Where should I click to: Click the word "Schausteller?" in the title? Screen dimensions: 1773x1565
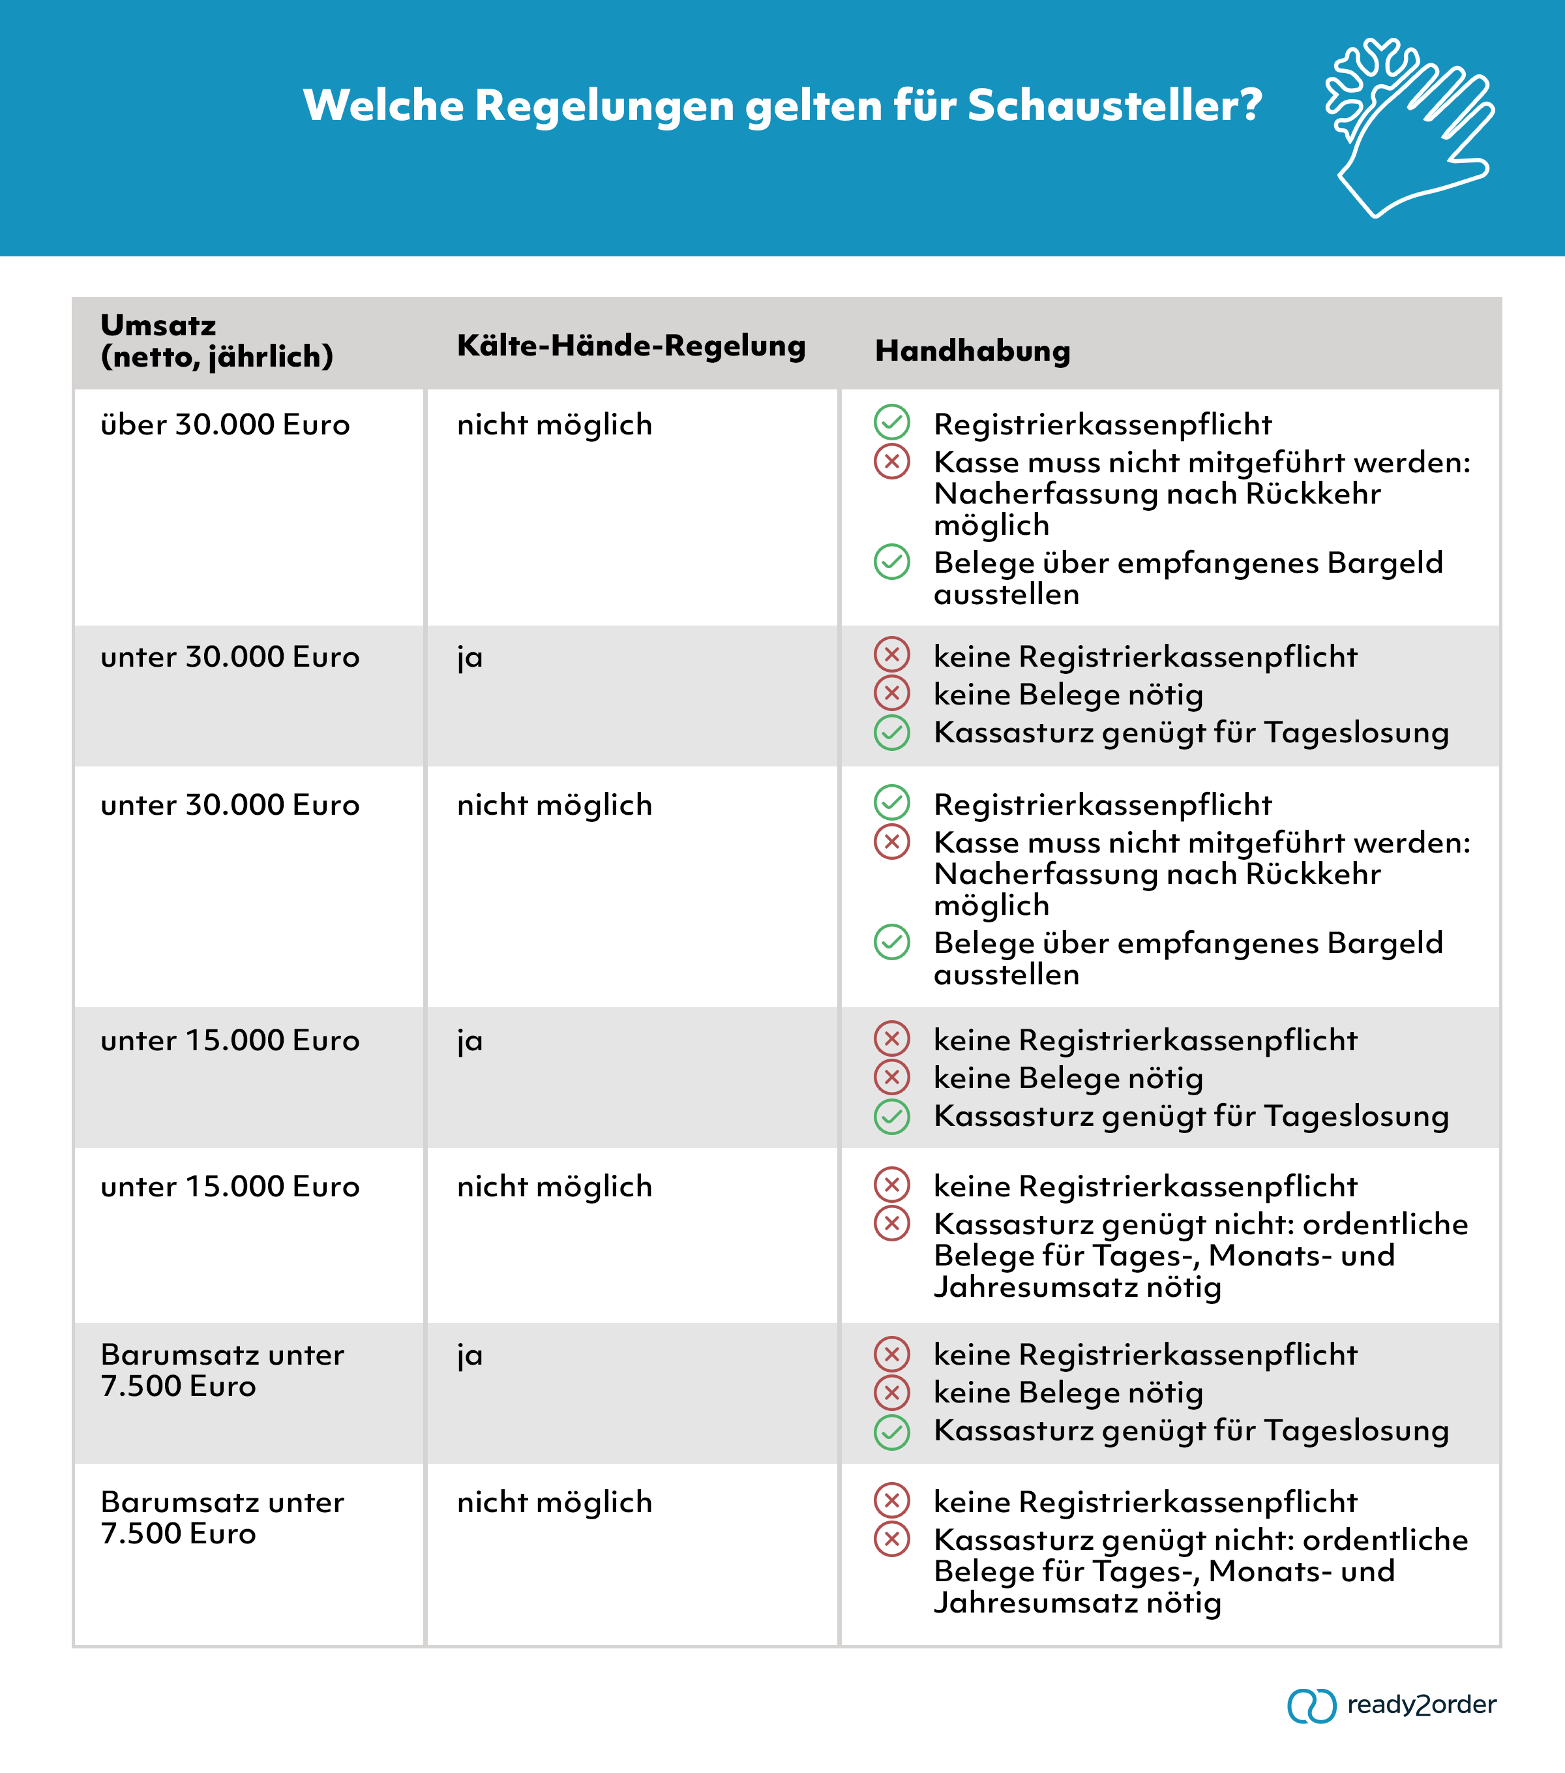point(1114,106)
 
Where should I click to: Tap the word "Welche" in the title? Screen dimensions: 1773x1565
point(383,106)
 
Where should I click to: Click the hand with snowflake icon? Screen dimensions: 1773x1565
point(1409,126)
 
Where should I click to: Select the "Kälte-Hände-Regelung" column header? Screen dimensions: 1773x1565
point(631,345)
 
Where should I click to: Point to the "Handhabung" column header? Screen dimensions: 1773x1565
point(972,350)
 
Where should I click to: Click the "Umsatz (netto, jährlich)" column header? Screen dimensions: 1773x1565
point(216,341)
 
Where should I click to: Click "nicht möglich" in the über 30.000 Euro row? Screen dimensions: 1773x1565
point(554,425)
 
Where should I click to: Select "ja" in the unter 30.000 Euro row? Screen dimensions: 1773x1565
point(469,658)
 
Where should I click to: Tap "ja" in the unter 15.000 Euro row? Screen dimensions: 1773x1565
point(469,1041)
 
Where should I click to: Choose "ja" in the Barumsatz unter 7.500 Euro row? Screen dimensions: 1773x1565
point(469,1355)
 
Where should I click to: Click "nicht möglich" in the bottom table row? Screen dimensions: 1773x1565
point(554,1502)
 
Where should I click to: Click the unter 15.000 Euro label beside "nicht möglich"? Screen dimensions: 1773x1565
point(230,1187)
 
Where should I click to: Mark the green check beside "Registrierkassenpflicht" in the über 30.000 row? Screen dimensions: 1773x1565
point(891,423)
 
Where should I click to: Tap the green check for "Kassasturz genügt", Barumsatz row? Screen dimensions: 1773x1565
point(891,1432)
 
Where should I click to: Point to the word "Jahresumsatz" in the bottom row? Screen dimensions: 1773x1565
point(1036,1603)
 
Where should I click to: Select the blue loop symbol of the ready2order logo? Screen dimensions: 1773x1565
point(1311,1705)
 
